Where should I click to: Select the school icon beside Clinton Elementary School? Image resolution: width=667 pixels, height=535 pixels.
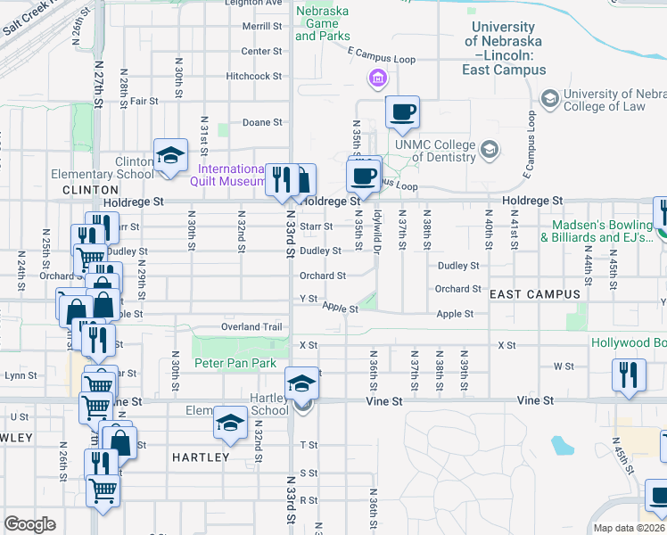point(170,156)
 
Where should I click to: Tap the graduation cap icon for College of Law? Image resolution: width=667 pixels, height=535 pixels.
point(549,96)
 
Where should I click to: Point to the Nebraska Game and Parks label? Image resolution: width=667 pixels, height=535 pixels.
point(321,24)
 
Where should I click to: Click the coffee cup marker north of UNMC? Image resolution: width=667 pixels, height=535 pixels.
point(401,112)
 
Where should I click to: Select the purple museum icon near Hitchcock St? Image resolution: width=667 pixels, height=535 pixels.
point(378,80)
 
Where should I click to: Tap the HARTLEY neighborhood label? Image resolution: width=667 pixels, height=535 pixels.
point(201,457)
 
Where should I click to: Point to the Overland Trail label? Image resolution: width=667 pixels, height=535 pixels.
point(252,327)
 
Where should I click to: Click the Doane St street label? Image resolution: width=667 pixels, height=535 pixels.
point(262,122)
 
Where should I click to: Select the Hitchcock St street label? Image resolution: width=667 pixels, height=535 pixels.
point(253,77)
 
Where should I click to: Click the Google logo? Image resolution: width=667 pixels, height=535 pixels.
point(29,524)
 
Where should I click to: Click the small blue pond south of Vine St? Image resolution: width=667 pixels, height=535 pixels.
point(562,444)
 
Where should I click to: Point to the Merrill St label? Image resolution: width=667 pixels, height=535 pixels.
point(261,27)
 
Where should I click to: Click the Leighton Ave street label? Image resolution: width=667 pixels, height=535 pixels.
point(253,4)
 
